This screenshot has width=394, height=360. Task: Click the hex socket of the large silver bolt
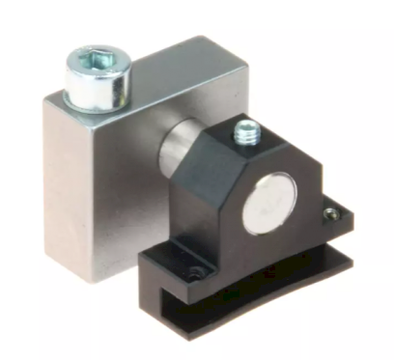(x=97, y=59)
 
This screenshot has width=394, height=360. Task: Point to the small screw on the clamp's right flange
(x=331, y=213)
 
